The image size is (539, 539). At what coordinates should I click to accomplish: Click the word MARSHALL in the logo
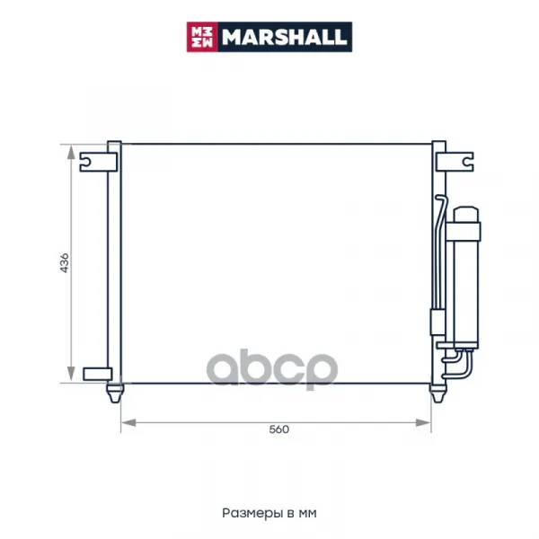tap(284, 37)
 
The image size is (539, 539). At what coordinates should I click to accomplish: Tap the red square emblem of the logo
tap(202, 37)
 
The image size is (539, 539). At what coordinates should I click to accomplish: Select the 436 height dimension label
tap(65, 263)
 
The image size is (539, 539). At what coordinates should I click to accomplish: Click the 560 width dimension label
tap(278, 429)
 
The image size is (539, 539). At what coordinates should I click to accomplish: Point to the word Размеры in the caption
tap(254, 513)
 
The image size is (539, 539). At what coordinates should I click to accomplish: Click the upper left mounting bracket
tap(98, 162)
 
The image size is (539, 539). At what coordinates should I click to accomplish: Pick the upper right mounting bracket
tap(455, 162)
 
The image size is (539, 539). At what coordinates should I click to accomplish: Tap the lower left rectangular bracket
tap(98, 374)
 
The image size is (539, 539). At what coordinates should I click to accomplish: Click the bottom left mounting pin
tap(115, 393)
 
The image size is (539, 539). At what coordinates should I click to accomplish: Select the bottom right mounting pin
tap(438, 393)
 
